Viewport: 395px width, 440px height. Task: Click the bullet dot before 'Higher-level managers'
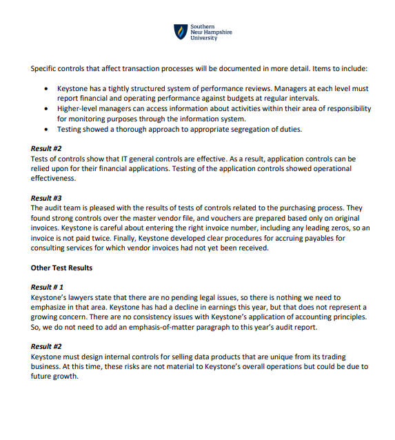pos(45,109)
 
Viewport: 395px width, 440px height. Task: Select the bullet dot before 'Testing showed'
pos(45,129)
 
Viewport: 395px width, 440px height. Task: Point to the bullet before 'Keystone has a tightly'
pos(45,89)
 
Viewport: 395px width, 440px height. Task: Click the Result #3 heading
pos(46,198)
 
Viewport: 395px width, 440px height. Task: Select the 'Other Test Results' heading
pos(61,268)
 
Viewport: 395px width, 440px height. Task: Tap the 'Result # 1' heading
pos(48,287)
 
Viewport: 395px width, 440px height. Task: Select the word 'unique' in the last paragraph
pos(285,357)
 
